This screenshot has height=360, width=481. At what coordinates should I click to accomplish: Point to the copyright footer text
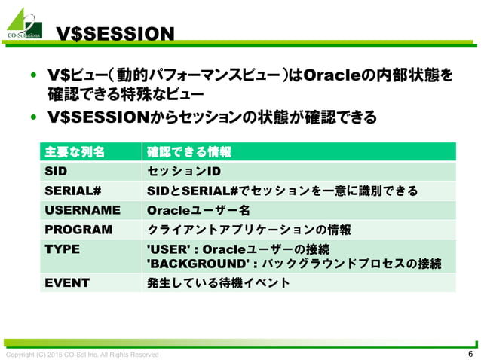[x=83, y=355]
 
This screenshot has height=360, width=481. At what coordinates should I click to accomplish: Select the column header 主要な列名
[x=75, y=151]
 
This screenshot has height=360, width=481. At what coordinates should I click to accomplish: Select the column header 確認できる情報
[x=188, y=151]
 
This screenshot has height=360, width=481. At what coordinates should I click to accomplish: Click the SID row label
[x=57, y=171]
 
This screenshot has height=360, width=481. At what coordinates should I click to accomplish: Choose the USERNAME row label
[x=82, y=210]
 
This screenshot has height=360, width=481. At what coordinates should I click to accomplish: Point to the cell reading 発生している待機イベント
[x=218, y=283]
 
